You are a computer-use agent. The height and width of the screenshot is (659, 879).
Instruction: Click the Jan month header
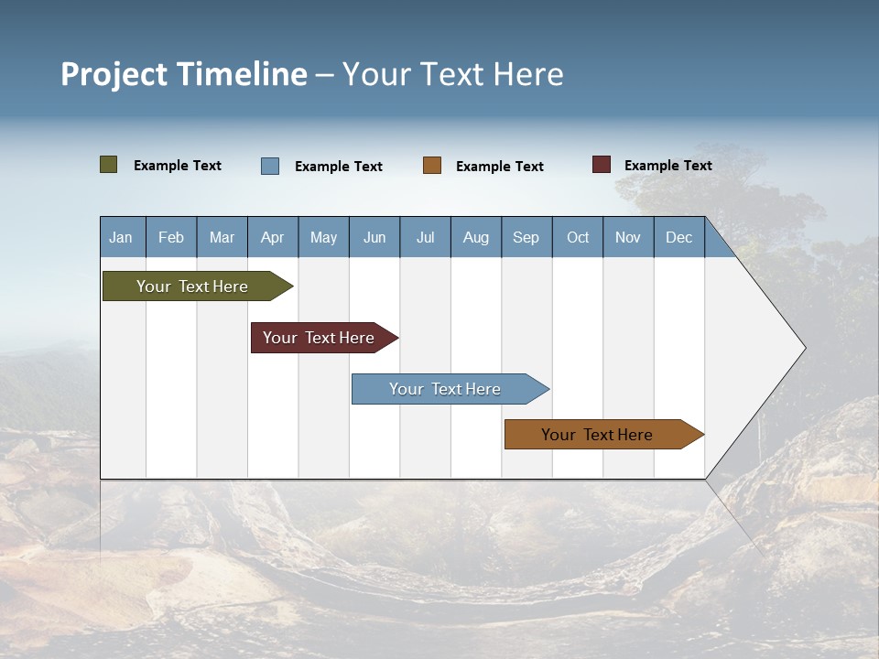point(122,238)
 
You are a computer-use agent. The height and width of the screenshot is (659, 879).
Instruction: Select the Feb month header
point(171,238)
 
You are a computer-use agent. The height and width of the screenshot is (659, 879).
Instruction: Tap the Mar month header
point(222,238)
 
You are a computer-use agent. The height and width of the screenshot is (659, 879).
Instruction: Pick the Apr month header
point(273,238)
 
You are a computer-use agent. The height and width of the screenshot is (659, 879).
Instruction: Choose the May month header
point(323,238)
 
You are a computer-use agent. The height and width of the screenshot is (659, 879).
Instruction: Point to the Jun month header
point(374,238)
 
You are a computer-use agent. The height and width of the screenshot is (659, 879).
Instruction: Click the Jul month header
point(425,238)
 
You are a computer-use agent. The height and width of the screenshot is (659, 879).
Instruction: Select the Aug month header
point(476,238)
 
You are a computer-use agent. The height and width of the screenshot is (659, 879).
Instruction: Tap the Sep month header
point(526,238)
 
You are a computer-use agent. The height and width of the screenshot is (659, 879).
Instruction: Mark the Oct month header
point(578,238)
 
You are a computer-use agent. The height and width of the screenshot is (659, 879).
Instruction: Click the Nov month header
point(628,238)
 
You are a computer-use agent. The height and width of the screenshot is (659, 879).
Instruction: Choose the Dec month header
point(679,238)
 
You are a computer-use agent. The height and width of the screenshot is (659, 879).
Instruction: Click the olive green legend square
point(109,165)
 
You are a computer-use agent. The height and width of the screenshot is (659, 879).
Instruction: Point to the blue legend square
point(270,166)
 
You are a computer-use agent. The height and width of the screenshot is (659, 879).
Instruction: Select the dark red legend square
point(602,165)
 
